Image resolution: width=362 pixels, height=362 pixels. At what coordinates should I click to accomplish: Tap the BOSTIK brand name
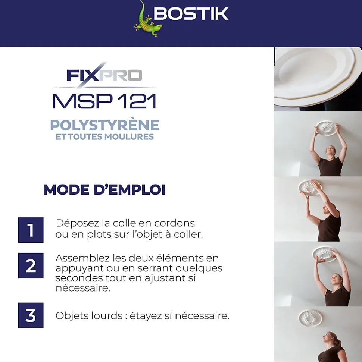[191, 14]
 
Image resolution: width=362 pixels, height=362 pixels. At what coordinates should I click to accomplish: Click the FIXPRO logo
[104, 75]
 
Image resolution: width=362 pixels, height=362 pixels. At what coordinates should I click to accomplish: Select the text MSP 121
[104, 101]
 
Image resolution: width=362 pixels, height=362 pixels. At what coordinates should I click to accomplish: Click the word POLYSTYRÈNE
[105, 125]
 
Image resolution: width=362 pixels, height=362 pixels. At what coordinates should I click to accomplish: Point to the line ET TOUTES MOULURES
[105, 137]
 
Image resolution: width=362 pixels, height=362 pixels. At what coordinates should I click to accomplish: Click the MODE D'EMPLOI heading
[104, 190]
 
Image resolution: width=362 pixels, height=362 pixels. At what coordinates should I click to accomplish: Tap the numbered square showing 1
[31, 230]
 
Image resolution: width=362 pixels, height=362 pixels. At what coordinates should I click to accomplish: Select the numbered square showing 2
[31, 265]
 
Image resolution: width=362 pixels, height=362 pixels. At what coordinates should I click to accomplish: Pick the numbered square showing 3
[31, 315]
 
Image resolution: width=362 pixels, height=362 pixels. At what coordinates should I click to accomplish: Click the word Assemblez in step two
[82, 258]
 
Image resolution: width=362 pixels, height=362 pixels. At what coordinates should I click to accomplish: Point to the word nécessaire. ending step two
[83, 288]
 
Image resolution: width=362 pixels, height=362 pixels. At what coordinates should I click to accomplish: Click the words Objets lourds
[89, 316]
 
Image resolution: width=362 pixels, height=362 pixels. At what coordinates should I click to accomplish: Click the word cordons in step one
[175, 223]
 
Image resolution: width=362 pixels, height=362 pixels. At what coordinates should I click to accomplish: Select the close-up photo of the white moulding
[318, 79]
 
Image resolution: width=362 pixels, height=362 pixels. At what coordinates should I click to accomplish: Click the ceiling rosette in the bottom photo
[310, 318]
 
